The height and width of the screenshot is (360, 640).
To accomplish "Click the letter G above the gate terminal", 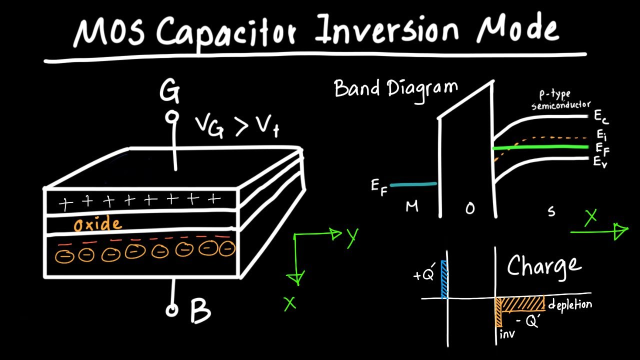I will click(169, 92).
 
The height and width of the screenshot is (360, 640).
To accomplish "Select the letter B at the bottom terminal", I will click(200, 310).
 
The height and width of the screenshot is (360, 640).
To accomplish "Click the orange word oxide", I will click(97, 224).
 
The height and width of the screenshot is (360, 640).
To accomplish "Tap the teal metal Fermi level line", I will click(413, 184).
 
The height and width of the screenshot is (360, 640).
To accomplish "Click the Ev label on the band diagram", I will click(600, 161).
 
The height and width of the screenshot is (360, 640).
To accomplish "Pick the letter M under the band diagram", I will click(412, 206).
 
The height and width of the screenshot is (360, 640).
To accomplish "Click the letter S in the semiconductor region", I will click(551, 212).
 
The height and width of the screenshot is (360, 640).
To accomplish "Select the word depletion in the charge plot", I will click(570, 304).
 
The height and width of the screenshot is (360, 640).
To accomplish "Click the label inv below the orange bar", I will click(507, 333).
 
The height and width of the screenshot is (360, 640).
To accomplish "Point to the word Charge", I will click(544, 266).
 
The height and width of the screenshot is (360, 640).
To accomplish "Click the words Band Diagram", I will click(395, 89).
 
